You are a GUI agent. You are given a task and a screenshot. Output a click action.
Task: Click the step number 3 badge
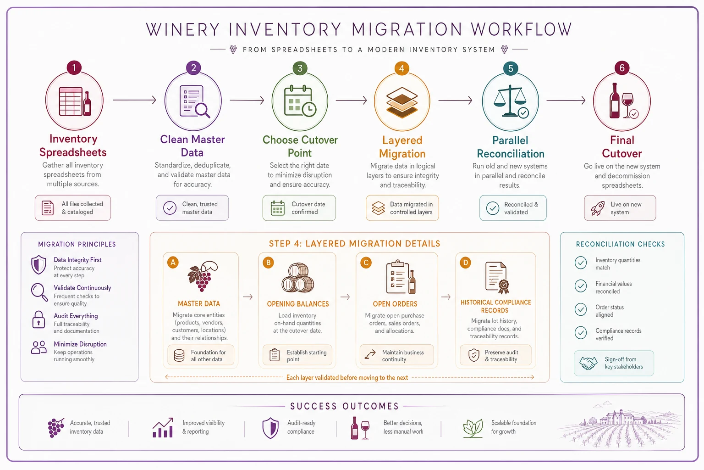pos(300,68)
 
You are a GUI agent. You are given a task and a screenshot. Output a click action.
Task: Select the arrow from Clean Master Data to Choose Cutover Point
pos(247,100)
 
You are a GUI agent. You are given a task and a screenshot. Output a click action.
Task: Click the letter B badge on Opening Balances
pos(269,263)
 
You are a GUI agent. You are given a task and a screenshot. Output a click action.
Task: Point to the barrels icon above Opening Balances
pos(297,278)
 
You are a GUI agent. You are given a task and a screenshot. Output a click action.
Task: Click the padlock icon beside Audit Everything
pos(38,319)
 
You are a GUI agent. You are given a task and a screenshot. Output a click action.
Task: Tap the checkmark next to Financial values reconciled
pos(581,286)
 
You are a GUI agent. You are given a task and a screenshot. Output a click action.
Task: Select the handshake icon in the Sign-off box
pos(588,363)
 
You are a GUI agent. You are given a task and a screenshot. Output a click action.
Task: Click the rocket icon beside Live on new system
pos(598,208)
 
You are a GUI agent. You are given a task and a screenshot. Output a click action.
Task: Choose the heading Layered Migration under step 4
pos(402,147)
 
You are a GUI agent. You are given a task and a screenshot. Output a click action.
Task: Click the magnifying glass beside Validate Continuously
pos(39,292)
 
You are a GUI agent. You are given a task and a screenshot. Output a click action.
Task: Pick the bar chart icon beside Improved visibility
pos(163,427)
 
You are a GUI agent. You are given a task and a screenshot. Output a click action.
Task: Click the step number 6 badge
pos(621,67)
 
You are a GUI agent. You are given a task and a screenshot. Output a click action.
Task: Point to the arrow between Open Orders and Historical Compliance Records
pos(446,297)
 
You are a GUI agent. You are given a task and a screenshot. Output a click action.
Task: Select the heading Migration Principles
pos(77,244)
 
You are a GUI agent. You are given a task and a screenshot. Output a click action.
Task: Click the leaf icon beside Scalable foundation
pos(473,428)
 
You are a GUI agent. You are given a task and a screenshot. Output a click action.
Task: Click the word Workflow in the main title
pos(521,29)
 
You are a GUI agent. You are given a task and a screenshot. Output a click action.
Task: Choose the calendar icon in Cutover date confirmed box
pos(277,208)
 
